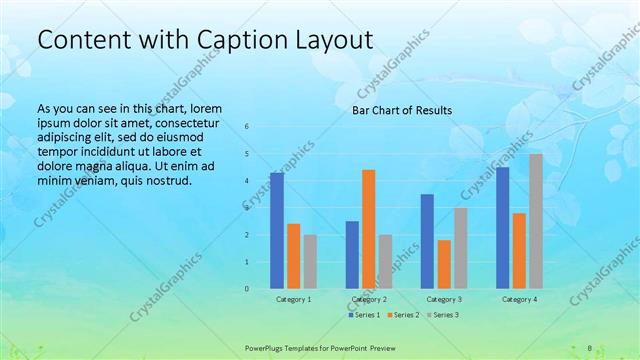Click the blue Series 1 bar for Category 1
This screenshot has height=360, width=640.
coord(277,231)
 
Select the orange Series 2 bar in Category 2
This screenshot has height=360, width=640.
coord(369,229)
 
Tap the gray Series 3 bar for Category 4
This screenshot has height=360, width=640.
coord(536,221)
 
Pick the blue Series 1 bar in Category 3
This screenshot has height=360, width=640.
coord(427,241)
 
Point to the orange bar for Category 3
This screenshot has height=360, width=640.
coord(444,264)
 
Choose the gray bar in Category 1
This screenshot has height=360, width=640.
coord(310,262)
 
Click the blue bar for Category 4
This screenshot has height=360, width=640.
coord(503,228)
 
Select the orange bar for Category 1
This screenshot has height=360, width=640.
coord(294,256)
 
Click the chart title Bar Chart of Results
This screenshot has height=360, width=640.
coord(402,110)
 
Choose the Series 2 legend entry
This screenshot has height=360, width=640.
coord(404,315)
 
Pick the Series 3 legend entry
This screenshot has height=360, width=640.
coord(443,315)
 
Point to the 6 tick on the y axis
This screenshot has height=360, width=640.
coord(247,127)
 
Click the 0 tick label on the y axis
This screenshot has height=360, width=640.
coord(247,289)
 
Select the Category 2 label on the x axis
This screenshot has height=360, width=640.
coord(369,299)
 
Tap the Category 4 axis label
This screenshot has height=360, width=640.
coord(519,299)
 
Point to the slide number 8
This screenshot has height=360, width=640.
coord(590,347)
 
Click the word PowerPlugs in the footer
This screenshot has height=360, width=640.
coord(267,347)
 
